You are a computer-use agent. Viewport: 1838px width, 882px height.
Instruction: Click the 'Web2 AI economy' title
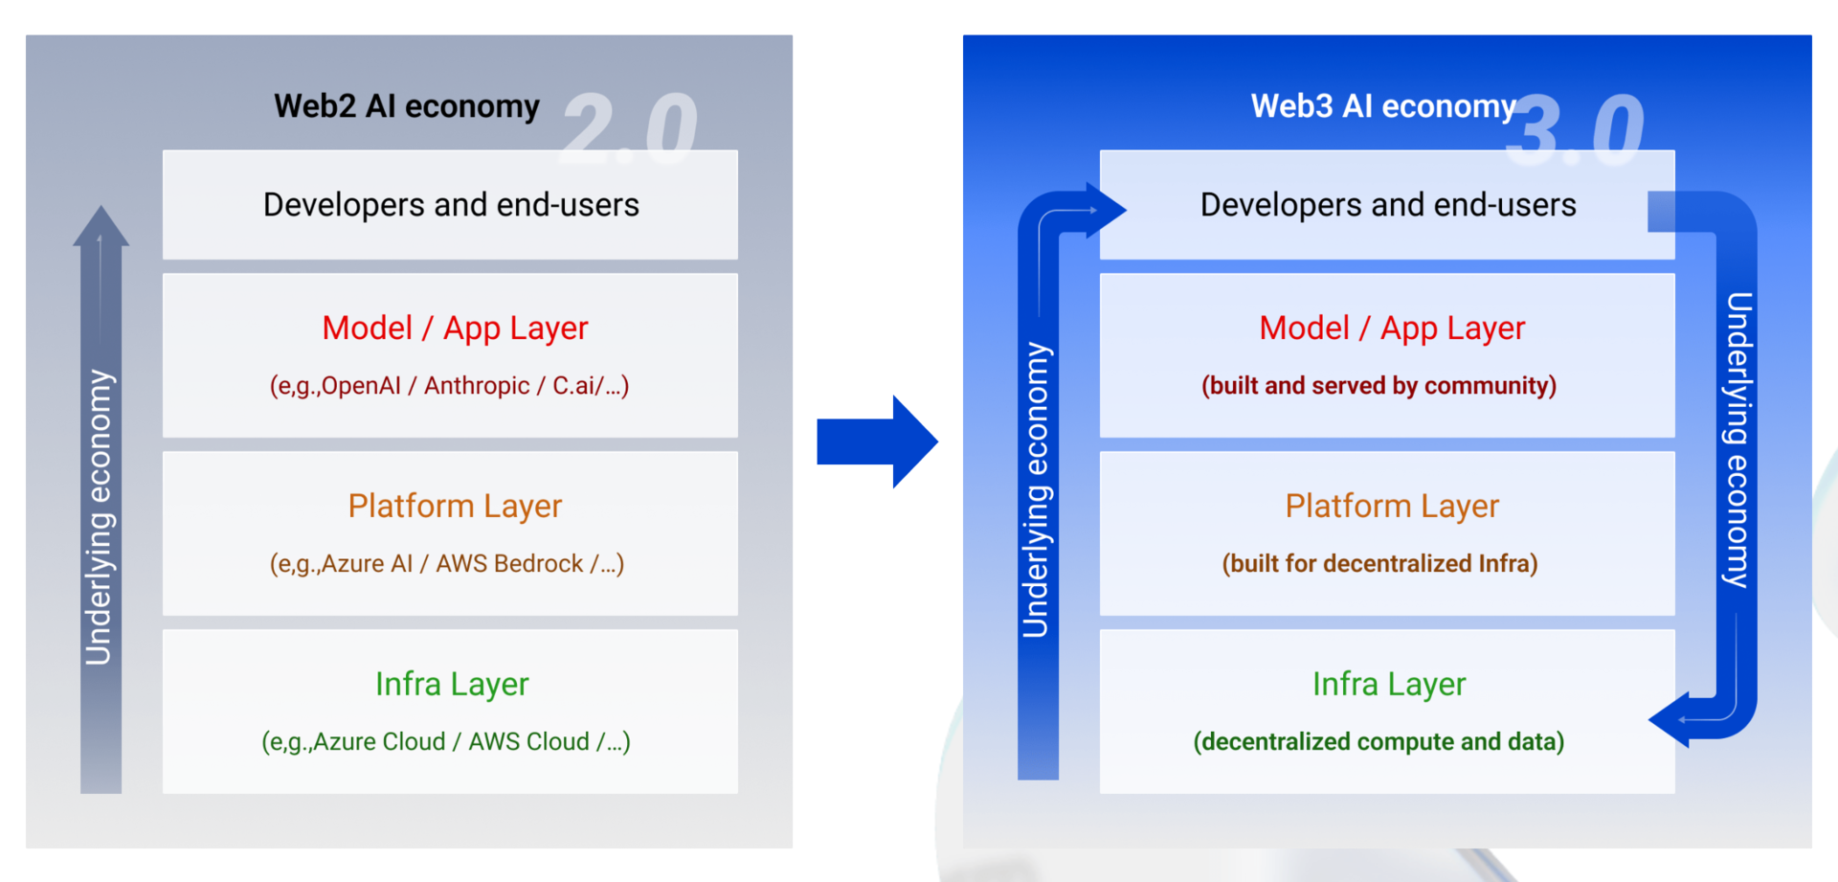pyautogui.click(x=407, y=106)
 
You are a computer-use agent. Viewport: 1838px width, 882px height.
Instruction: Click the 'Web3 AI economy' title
pyautogui.click(x=1383, y=106)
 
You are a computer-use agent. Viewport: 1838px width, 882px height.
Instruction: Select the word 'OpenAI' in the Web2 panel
pyautogui.click(x=361, y=386)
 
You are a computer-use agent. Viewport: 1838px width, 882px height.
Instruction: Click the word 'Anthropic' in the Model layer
pyautogui.click(x=477, y=386)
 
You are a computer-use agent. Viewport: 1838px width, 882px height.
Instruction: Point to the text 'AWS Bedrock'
pyautogui.click(x=509, y=564)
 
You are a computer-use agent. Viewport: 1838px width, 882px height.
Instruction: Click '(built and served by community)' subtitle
pyautogui.click(x=1378, y=386)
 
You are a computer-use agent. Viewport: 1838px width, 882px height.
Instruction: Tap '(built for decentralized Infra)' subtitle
pyautogui.click(x=1379, y=564)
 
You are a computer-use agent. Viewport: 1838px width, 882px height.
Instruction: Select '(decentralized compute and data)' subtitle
pyautogui.click(x=1378, y=742)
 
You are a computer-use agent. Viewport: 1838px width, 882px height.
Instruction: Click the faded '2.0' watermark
pyautogui.click(x=630, y=127)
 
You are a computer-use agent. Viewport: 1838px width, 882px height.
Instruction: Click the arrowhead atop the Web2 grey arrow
pyautogui.click(x=101, y=226)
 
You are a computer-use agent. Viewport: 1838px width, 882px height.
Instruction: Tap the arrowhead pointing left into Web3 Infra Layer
pyautogui.click(x=1670, y=719)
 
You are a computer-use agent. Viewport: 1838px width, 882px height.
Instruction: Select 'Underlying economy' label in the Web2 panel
pyautogui.click(x=99, y=517)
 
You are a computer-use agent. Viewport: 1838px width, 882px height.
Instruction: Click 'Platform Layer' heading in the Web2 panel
pyautogui.click(x=455, y=506)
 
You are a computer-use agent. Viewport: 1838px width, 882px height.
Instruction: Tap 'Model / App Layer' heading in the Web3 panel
pyautogui.click(x=1392, y=328)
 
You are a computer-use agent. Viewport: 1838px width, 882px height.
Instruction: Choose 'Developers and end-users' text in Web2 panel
pyautogui.click(x=451, y=205)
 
